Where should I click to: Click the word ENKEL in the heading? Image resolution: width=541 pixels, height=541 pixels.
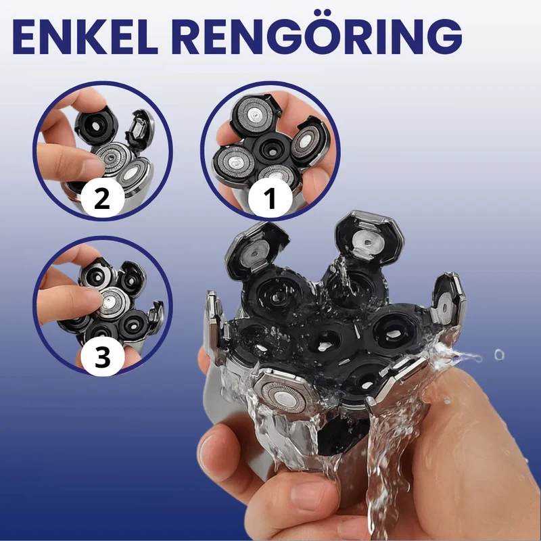pos(85,37)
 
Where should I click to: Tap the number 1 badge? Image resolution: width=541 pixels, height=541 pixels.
pos(270,197)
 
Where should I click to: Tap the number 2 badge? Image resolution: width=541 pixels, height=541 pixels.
pos(103,198)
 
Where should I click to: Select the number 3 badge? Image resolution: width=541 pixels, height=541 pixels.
pos(103,356)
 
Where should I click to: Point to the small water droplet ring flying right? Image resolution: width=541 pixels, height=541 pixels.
pos(499,354)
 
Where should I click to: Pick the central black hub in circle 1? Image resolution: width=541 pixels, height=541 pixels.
pos(270,149)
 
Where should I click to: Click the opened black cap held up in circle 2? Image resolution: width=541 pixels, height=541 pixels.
pos(96,126)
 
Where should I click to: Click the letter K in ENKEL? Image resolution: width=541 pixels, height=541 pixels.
pos(89,37)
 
